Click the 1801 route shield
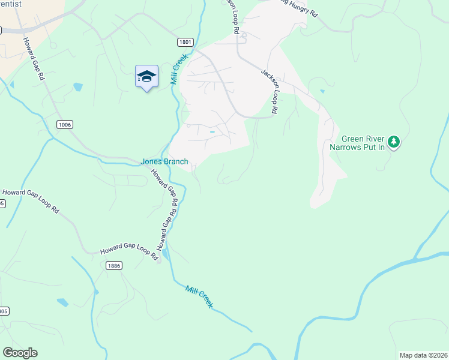[x=185, y=42]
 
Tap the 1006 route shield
[x=65, y=124]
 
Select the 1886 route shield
[x=113, y=265]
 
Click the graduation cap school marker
[x=146, y=77]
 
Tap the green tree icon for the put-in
[x=394, y=142]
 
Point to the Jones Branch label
[x=164, y=161]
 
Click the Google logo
[x=20, y=353]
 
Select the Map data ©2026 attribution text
[x=423, y=355]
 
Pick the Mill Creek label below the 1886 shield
[x=199, y=297]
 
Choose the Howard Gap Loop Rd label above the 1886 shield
[x=128, y=252]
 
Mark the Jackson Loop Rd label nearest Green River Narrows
[x=270, y=91]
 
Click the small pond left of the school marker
[x=77, y=87]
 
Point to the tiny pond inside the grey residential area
[x=212, y=132]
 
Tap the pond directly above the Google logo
[x=62, y=302]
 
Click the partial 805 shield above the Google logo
[x=3, y=311]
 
